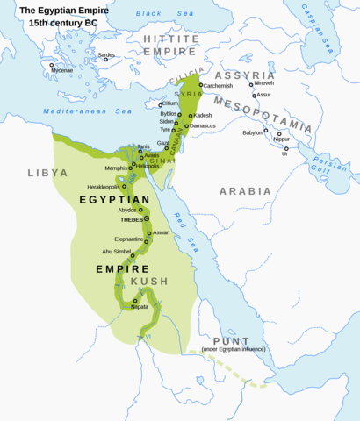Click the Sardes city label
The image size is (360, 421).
[x=106, y=54]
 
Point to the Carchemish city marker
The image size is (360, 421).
[x=201, y=85]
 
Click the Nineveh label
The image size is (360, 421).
[x=264, y=82]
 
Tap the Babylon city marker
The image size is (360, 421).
[x=265, y=131]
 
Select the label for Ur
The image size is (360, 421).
[x=284, y=153]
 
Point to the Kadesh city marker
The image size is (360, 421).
[x=191, y=115]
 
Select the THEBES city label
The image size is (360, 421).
[x=131, y=220]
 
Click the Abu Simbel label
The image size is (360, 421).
[x=118, y=252]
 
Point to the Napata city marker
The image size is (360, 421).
[x=135, y=300]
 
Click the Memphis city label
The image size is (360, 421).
[x=116, y=167]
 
